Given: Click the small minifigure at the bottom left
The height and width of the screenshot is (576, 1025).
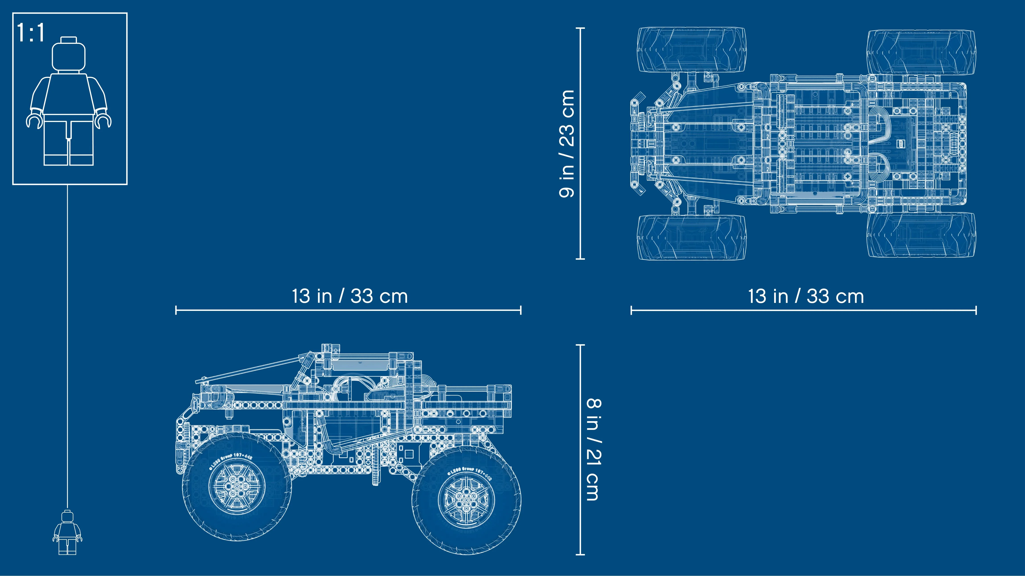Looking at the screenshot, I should click(67, 533).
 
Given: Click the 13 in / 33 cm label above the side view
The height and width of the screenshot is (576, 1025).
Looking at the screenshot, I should click(350, 296).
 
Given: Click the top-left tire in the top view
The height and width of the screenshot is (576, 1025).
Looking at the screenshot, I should click(692, 50).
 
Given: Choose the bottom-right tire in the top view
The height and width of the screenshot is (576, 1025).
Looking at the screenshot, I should click(921, 235).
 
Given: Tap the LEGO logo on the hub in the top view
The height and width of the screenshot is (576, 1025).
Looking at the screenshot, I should click(900, 144).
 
